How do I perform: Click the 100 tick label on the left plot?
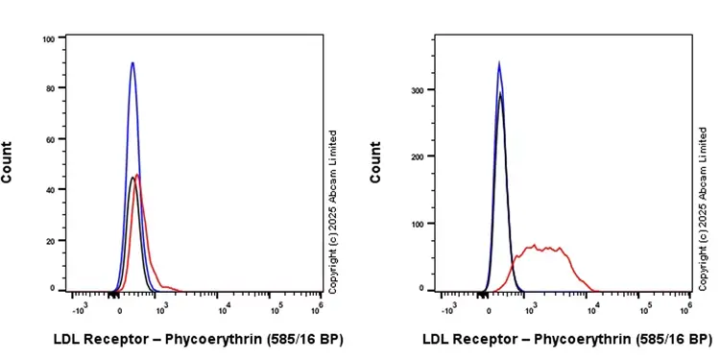pyautogui.click(x=48, y=38)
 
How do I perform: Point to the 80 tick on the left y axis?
pyautogui.click(x=50, y=88)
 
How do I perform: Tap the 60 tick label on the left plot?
pyautogui.click(x=50, y=138)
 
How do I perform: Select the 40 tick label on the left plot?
pyautogui.click(x=50, y=188)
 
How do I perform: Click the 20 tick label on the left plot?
pyautogui.click(x=50, y=238)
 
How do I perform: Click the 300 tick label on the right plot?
pyautogui.click(x=417, y=89)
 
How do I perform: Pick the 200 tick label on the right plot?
pyautogui.click(x=417, y=156)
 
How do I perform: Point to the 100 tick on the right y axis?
pyautogui.click(x=417, y=223)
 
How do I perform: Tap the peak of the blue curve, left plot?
pyautogui.click(x=132, y=63)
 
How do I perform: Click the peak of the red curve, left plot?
pyautogui.click(x=140, y=175)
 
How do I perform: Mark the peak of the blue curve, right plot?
pyautogui.click(x=499, y=63)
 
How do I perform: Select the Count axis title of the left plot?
pyautogui.click(x=8, y=162)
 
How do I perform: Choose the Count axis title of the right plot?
pyautogui.click(x=375, y=162)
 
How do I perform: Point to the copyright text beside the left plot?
pyautogui.click(x=333, y=211)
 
